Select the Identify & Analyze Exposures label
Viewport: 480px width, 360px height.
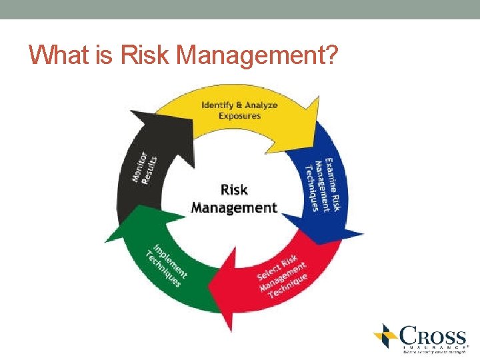(x=239, y=109)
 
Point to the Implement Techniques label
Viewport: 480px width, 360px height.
(x=166, y=264)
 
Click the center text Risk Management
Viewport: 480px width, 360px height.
(x=233, y=199)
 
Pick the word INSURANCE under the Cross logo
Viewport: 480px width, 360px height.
(x=433, y=347)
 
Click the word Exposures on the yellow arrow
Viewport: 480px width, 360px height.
(x=239, y=115)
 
